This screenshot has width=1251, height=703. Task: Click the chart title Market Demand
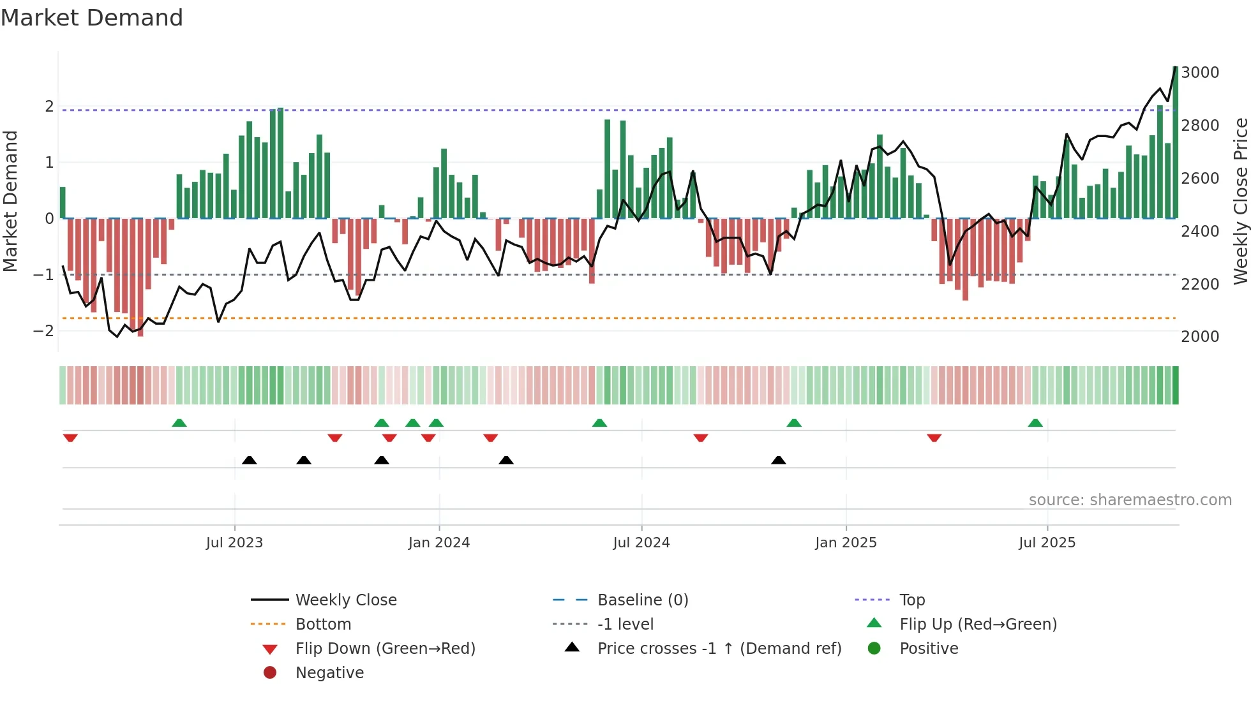[x=92, y=18]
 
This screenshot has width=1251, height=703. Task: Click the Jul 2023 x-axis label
[x=234, y=543]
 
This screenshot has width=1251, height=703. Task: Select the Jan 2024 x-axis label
[x=438, y=543]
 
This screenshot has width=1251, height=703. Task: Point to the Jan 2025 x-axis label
[x=846, y=543]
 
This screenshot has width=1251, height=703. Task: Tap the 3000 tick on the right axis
[x=1200, y=73]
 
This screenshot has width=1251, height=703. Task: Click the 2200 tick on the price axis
[x=1200, y=284]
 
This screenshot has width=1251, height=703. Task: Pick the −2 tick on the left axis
[x=43, y=330]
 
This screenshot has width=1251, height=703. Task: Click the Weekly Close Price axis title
[x=1240, y=201]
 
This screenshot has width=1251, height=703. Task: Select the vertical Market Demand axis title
[x=10, y=201]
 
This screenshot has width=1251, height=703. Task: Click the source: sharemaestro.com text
[x=1130, y=500]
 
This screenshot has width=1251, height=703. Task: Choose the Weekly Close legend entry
[x=345, y=600]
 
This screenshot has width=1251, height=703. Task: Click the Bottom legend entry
[x=323, y=625]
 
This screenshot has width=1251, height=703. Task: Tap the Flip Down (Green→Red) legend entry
[x=385, y=649]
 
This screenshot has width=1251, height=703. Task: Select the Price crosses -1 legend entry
[x=719, y=649]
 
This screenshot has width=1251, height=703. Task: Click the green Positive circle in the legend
[x=874, y=649]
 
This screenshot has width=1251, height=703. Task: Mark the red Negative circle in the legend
[x=270, y=673]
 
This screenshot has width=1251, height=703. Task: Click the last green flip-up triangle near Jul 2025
[x=1035, y=423]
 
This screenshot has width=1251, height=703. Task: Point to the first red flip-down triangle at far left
[x=70, y=438]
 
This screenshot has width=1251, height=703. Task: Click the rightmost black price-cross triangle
[x=778, y=460]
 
